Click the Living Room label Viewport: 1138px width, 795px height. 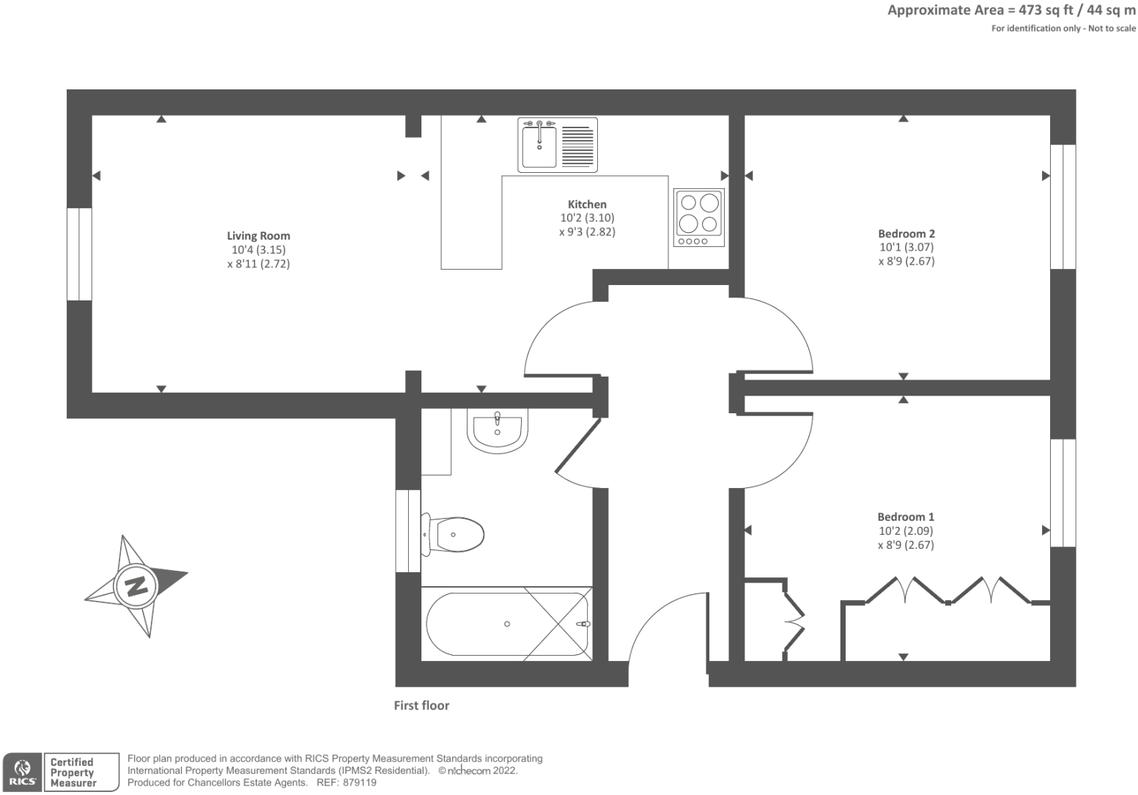tap(258, 236)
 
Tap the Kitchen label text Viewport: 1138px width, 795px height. tap(587, 204)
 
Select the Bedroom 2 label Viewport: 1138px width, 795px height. tap(906, 234)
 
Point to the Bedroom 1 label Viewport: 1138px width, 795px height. tap(906, 517)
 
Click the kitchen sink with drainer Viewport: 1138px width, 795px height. tap(558, 145)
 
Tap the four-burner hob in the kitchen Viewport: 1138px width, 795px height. tap(699, 218)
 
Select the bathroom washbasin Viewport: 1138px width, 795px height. tap(497, 429)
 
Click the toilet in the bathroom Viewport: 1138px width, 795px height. tap(454, 534)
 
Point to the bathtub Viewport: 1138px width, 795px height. tap(506, 624)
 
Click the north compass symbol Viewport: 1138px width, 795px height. tap(136, 586)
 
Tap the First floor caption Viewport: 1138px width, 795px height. tap(421, 706)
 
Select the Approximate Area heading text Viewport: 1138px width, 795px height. tap(1011, 10)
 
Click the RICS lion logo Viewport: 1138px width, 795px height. tap(21, 772)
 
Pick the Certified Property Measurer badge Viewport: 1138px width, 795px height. tap(81, 772)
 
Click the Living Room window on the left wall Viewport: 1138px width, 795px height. tap(79, 254)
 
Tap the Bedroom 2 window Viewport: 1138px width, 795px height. tap(1063, 207)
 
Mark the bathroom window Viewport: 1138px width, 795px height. tap(407, 531)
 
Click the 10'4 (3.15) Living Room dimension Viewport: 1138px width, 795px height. tap(258, 250)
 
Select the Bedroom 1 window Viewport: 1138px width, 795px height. tap(1063, 493)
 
